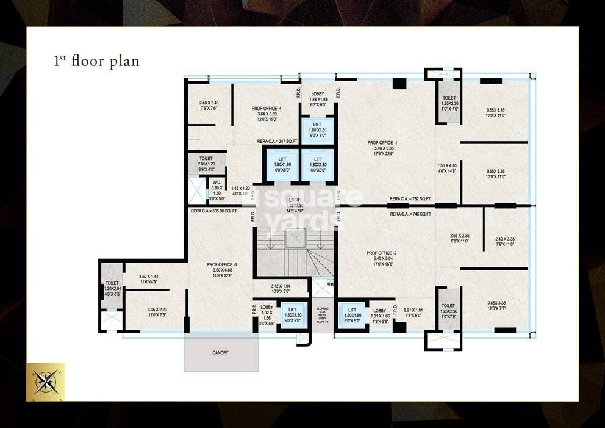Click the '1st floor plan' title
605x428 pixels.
click(x=96, y=61)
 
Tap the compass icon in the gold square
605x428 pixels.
click(x=46, y=382)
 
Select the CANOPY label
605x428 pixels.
click(x=220, y=352)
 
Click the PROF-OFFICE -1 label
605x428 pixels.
click(x=382, y=143)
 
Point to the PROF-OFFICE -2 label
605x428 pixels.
click(x=382, y=253)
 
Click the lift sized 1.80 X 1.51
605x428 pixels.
click(x=317, y=131)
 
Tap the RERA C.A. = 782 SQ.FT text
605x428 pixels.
click(x=410, y=200)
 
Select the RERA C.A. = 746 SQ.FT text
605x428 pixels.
click(x=410, y=214)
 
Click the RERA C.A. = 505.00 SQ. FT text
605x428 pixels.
click(x=214, y=211)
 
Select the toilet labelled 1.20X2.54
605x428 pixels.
click(x=112, y=286)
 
